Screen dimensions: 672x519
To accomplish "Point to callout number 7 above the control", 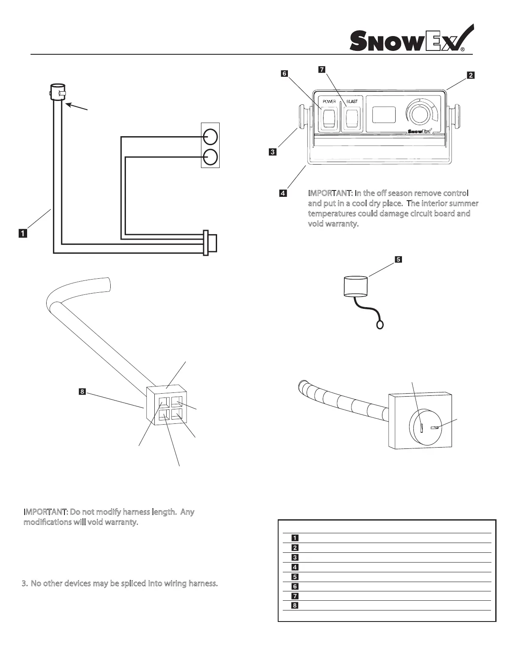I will click(322, 69).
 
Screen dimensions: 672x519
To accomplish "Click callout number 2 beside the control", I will click(470, 76).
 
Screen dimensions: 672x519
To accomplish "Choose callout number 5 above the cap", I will click(398, 260).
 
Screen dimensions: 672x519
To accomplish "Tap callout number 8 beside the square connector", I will click(82, 391).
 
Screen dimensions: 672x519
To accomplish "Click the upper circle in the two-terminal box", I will click(210, 137).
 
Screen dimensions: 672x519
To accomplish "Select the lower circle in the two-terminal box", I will click(210, 157).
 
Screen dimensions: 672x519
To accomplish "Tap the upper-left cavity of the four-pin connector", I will click(164, 402).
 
